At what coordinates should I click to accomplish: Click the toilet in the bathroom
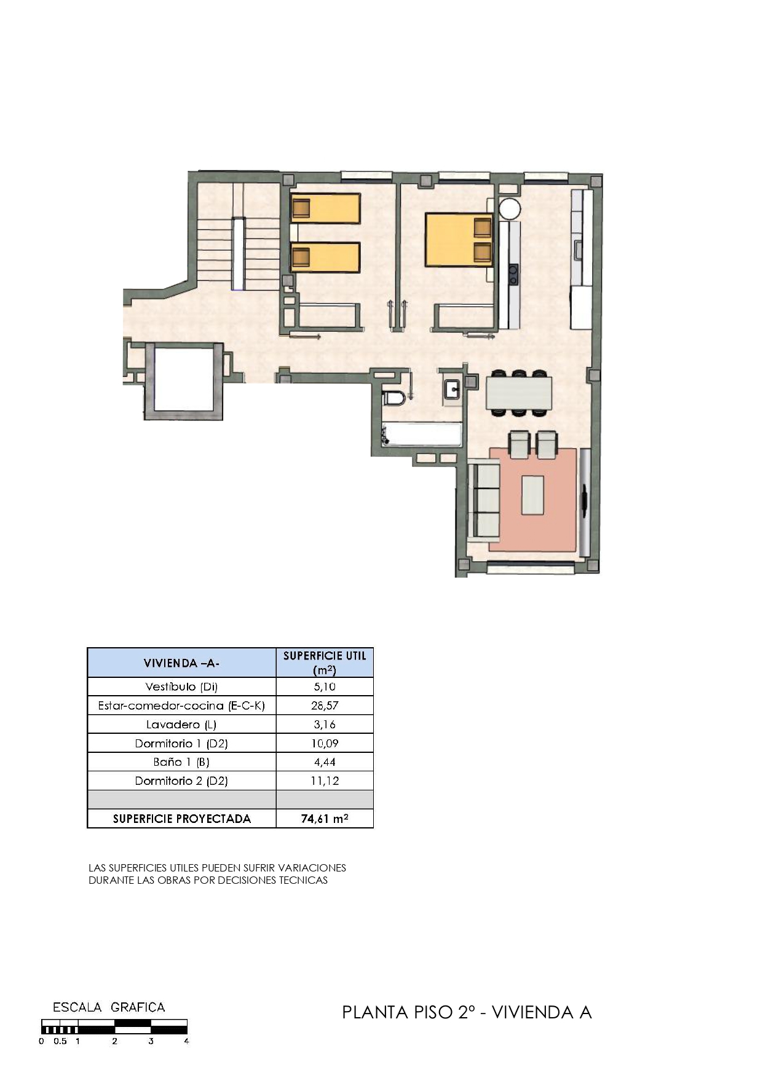coord(393,398)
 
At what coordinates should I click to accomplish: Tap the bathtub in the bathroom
coord(421,435)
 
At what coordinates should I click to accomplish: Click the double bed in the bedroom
coord(459,240)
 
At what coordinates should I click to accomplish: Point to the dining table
coord(519,393)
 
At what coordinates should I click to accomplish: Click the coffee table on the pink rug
coord(532,495)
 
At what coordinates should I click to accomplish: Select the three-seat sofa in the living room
coord(483,501)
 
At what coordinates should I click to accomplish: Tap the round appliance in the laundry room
coord(510,208)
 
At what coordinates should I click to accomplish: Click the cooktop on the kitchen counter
coord(513,274)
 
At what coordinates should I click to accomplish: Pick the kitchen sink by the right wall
coord(579,250)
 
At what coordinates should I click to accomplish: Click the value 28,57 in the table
coord(325,706)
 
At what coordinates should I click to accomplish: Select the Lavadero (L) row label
coord(181,725)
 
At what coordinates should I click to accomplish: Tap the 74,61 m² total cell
coord(325,819)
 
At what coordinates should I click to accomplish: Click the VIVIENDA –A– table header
coord(181,663)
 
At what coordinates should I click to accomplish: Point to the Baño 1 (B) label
coord(181,762)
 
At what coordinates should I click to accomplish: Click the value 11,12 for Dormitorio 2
coord(325,781)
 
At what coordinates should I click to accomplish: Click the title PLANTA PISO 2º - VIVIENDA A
coord(467,1012)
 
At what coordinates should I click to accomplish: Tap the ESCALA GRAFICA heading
coord(109,1007)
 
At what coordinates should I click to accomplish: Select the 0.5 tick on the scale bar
coord(60,1041)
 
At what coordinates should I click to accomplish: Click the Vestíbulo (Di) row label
coord(181,687)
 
